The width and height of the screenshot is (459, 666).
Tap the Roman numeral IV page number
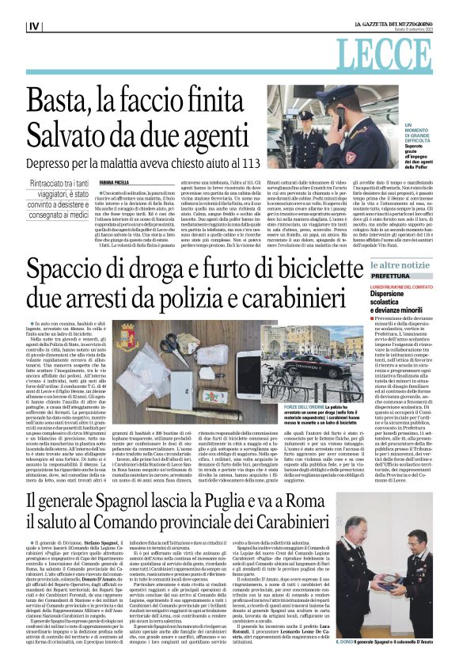[33, 27]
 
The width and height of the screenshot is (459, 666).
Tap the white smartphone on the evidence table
[245, 361]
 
